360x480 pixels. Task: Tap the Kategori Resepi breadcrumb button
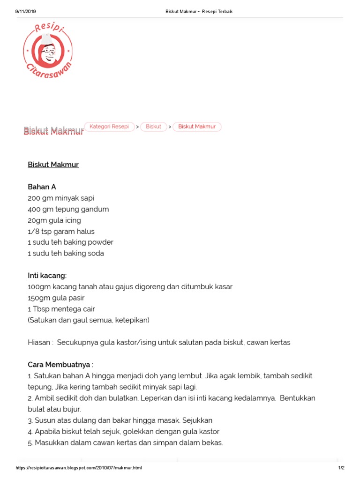coord(109,127)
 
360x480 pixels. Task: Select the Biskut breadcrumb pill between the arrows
coord(154,127)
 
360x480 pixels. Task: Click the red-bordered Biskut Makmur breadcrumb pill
coord(197,127)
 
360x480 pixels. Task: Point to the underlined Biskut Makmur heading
coord(53,165)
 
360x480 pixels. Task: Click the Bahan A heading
coord(42,187)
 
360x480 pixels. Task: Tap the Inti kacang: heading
coord(47,275)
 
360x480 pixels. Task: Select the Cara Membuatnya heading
coord(60,364)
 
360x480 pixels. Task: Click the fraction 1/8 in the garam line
coord(33,231)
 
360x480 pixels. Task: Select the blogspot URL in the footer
coord(79,468)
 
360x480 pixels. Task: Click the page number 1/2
coord(341,468)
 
